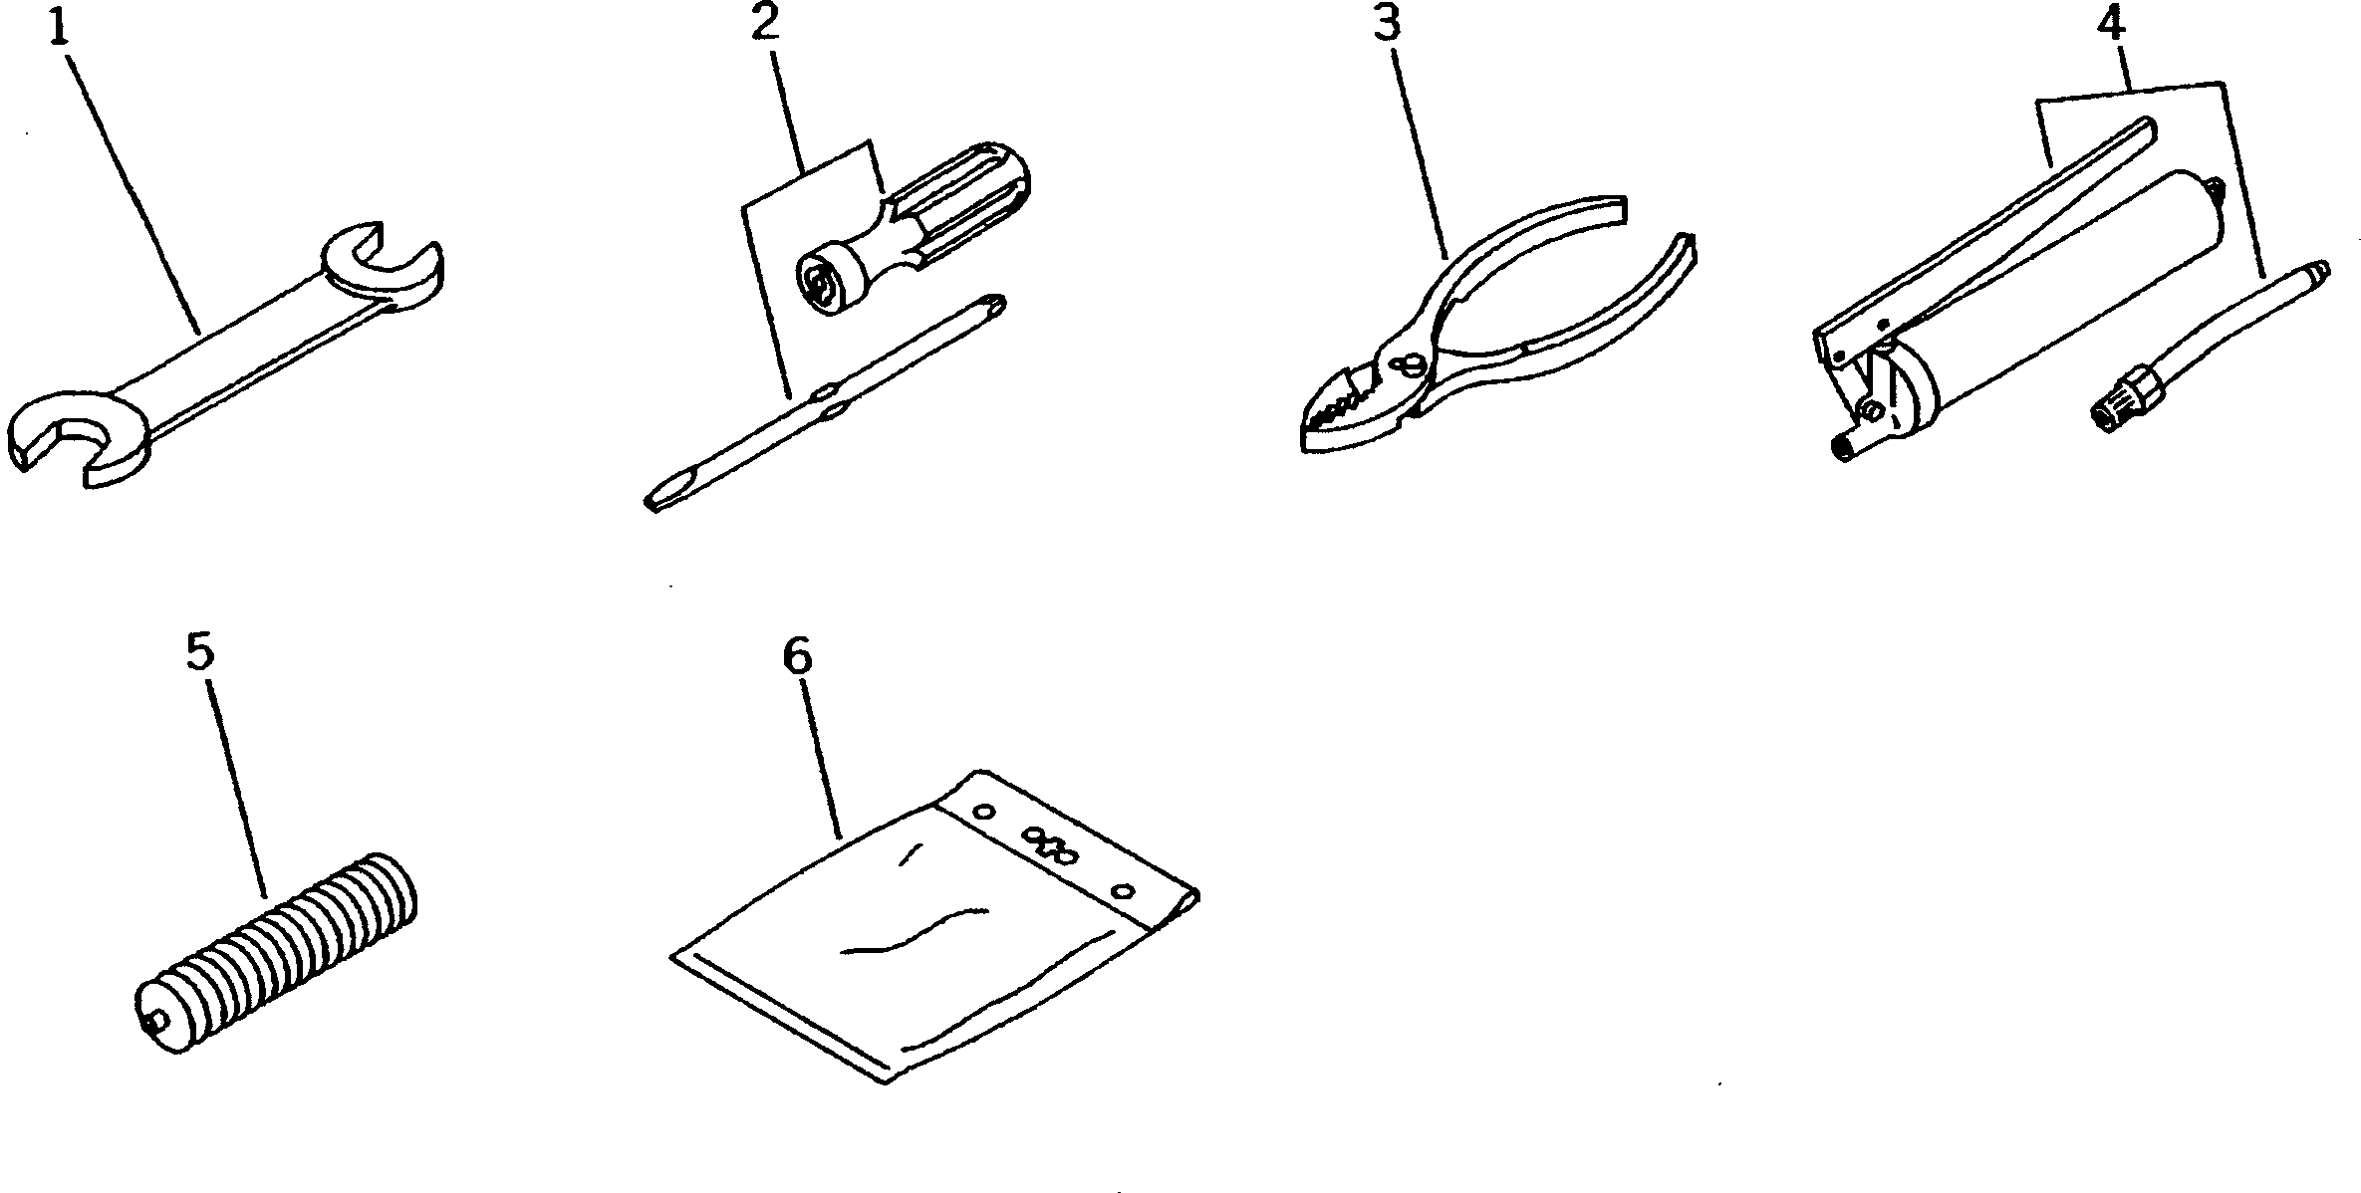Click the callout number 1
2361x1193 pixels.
point(60,27)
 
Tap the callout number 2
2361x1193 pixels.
point(764,22)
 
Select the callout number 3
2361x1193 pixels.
point(1388,22)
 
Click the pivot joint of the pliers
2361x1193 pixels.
point(1407,365)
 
